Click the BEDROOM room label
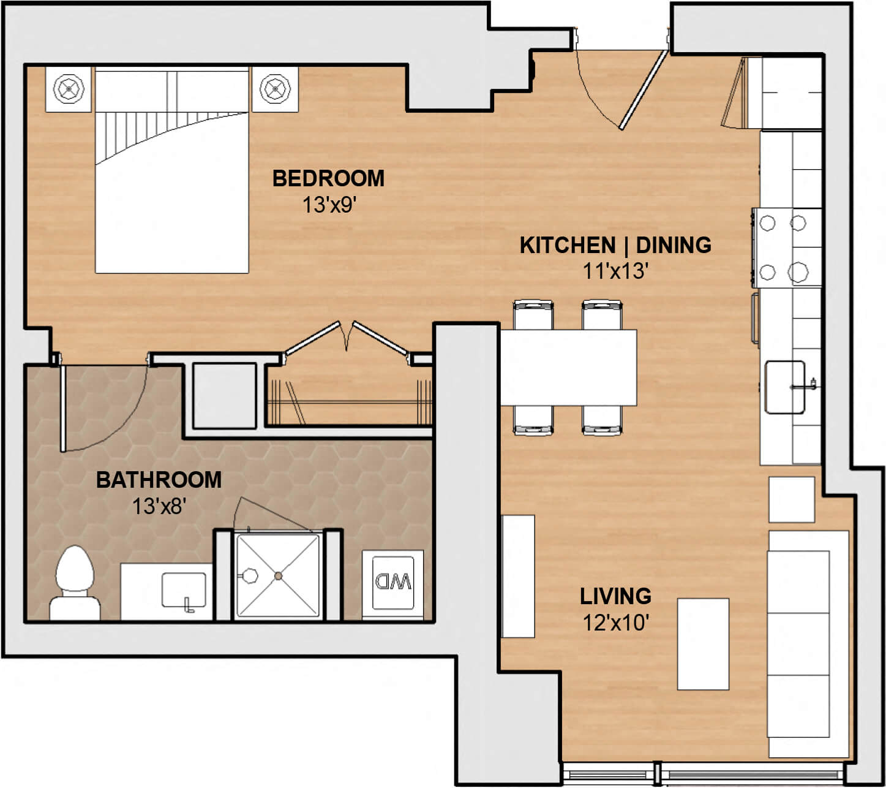click(x=328, y=178)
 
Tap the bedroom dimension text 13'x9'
click(x=329, y=205)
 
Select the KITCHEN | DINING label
click(x=615, y=245)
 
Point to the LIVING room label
click(x=615, y=596)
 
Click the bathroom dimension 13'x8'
click(x=159, y=507)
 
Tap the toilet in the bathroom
click(x=75, y=583)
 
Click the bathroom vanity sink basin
click(x=184, y=591)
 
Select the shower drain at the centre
click(x=278, y=576)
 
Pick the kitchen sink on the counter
click(x=785, y=387)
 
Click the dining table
click(x=568, y=368)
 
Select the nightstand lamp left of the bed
click(x=69, y=89)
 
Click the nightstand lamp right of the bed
click(x=275, y=89)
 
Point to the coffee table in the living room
click(x=703, y=645)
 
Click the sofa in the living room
click(x=809, y=644)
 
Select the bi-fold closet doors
click(x=347, y=338)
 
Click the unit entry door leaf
click(x=644, y=90)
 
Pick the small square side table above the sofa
click(x=792, y=499)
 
